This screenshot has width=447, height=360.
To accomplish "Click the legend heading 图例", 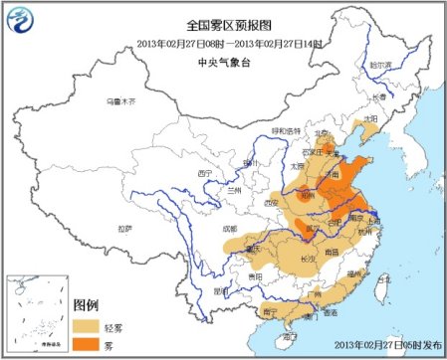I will [x=87, y=303].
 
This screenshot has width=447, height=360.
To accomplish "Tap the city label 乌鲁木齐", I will [x=119, y=101].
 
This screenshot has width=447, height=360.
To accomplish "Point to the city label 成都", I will [x=231, y=229].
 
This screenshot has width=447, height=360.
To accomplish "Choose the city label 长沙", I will [x=304, y=257].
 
